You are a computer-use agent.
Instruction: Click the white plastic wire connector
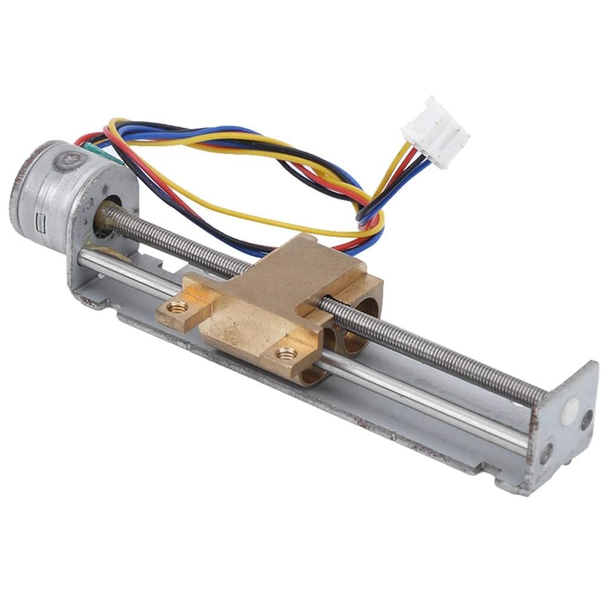[434, 131]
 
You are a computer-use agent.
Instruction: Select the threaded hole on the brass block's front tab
[285, 353]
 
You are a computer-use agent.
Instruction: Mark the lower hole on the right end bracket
[547, 451]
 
